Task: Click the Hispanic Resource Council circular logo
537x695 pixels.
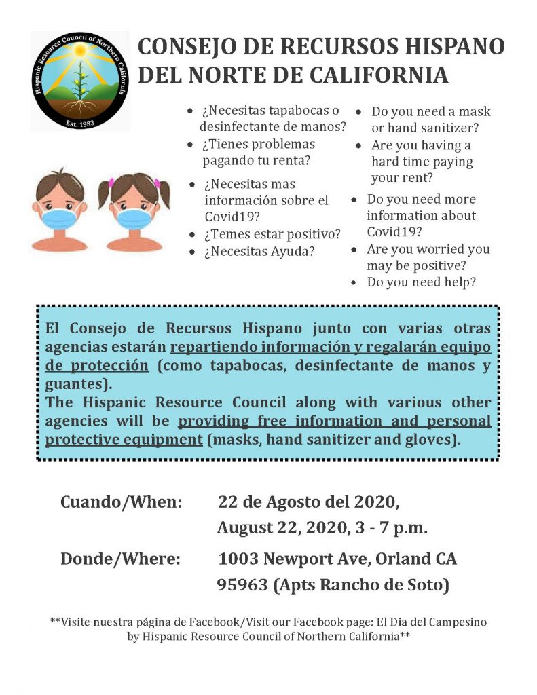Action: tap(79, 80)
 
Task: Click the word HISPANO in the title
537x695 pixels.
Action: tap(444, 47)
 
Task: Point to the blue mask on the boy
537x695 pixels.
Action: tap(59, 217)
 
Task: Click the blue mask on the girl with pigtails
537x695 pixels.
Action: tap(135, 217)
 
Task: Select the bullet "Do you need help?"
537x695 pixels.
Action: tap(421, 282)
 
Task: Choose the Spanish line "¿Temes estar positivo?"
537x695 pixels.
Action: tap(272, 234)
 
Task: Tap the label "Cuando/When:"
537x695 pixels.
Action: tap(122, 503)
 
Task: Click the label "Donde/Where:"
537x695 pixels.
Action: tap(120, 559)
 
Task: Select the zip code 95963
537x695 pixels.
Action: tap(242, 585)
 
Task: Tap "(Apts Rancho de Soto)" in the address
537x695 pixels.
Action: tap(361, 585)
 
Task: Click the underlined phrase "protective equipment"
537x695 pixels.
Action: tap(124, 438)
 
